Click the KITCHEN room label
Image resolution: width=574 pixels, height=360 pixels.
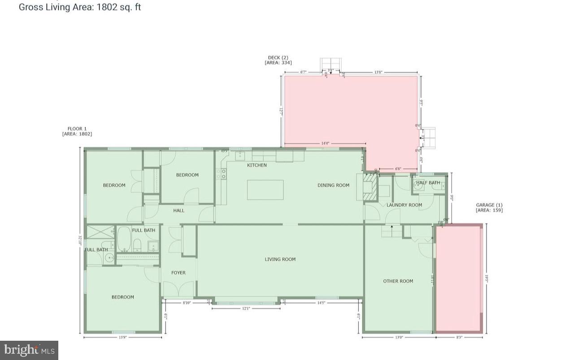click(x=257, y=165)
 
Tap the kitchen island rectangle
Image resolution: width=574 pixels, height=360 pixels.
click(x=265, y=190)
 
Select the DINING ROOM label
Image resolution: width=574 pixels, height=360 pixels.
click(x=333, y=185)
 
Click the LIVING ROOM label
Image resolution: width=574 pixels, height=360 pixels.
click(x=280, y=259)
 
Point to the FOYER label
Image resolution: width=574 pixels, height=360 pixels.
click(x=178, y=273)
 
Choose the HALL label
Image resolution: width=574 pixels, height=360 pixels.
click(x=178, y=210)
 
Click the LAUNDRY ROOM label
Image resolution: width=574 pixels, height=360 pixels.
click(x=404, y=205)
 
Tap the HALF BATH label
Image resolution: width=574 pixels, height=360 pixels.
click(x=428, y=183)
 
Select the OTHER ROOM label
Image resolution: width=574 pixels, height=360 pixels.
click(x=398, y=281)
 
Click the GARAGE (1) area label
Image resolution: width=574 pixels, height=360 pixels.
click(x=489, y=208)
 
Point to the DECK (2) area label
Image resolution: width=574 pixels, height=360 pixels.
click(x=278, y=60)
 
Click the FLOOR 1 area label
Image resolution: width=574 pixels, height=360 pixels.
click(x=77, y=131)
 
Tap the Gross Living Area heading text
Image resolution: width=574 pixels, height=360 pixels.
click(x=80, y=7)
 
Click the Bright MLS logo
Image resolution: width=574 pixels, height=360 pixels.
click(x=29, y=350)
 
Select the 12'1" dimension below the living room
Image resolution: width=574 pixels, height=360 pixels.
click(x=246, y=308)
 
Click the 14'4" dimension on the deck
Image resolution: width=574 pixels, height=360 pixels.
click(x=325, y=143)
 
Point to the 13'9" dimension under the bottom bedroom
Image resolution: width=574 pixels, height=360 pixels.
click(x=122, y=337)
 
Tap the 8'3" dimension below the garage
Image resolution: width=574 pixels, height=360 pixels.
click(x=460, y=337)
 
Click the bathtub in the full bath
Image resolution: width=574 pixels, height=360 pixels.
click(x=124, y=240)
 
